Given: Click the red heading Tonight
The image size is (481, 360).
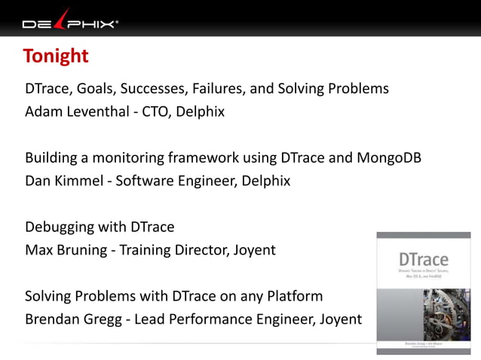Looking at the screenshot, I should pos(56,56).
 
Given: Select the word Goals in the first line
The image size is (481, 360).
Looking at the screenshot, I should pos(95,89).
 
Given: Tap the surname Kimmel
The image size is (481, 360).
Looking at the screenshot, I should pos(81,182).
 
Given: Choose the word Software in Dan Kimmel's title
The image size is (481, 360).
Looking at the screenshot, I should pos(145,182).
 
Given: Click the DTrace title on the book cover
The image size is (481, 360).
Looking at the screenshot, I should pos(413,260).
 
